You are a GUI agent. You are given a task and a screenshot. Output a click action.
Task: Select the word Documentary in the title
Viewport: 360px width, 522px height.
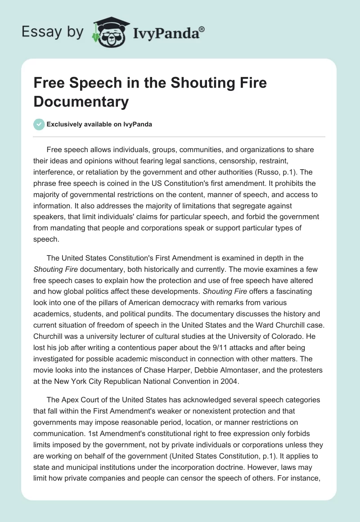coord(81,101)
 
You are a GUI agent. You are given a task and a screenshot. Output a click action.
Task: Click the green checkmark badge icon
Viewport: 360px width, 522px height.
coord(40,124)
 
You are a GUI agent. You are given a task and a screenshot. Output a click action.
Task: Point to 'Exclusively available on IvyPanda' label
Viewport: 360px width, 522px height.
coord(99,124)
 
